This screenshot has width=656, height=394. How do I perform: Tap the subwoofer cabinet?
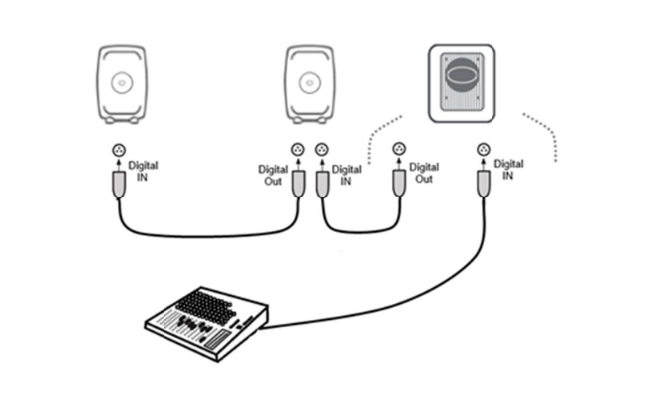click(460, 83)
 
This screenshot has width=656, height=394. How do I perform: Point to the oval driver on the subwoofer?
click(460, 78)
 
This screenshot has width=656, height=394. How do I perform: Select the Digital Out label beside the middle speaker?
click(272, 176)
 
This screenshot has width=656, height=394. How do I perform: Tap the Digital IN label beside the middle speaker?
click(346, 176)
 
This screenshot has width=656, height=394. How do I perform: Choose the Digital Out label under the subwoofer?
click(424, 176)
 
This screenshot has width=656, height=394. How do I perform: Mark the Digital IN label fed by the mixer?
click(509, 169)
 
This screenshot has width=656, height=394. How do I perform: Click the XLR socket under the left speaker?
click(119, 150)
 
